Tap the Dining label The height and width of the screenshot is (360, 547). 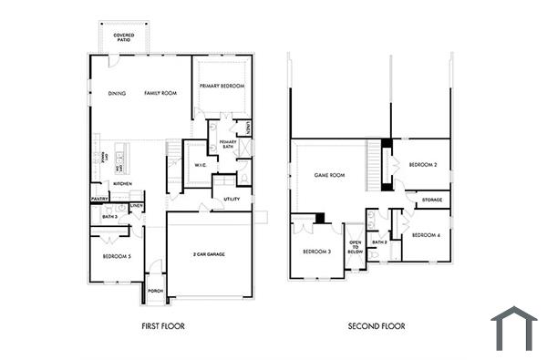(x=117, y=93)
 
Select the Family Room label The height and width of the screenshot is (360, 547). (x=160, y=93)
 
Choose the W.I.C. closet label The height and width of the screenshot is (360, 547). (x=200, y=165)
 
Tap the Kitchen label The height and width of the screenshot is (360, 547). (x=123, y=184)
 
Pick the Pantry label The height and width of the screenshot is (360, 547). (x=100, y=199)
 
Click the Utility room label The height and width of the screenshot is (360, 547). (x=232, y=198)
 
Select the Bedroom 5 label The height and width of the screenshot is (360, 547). (x=117, y=257)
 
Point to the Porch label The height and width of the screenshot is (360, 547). (x=155, y=291)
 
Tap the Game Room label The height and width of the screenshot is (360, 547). (x=328, y=174)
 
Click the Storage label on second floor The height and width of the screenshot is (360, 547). (x=432, y=200)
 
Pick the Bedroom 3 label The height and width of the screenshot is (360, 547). (x=316, y=251)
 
